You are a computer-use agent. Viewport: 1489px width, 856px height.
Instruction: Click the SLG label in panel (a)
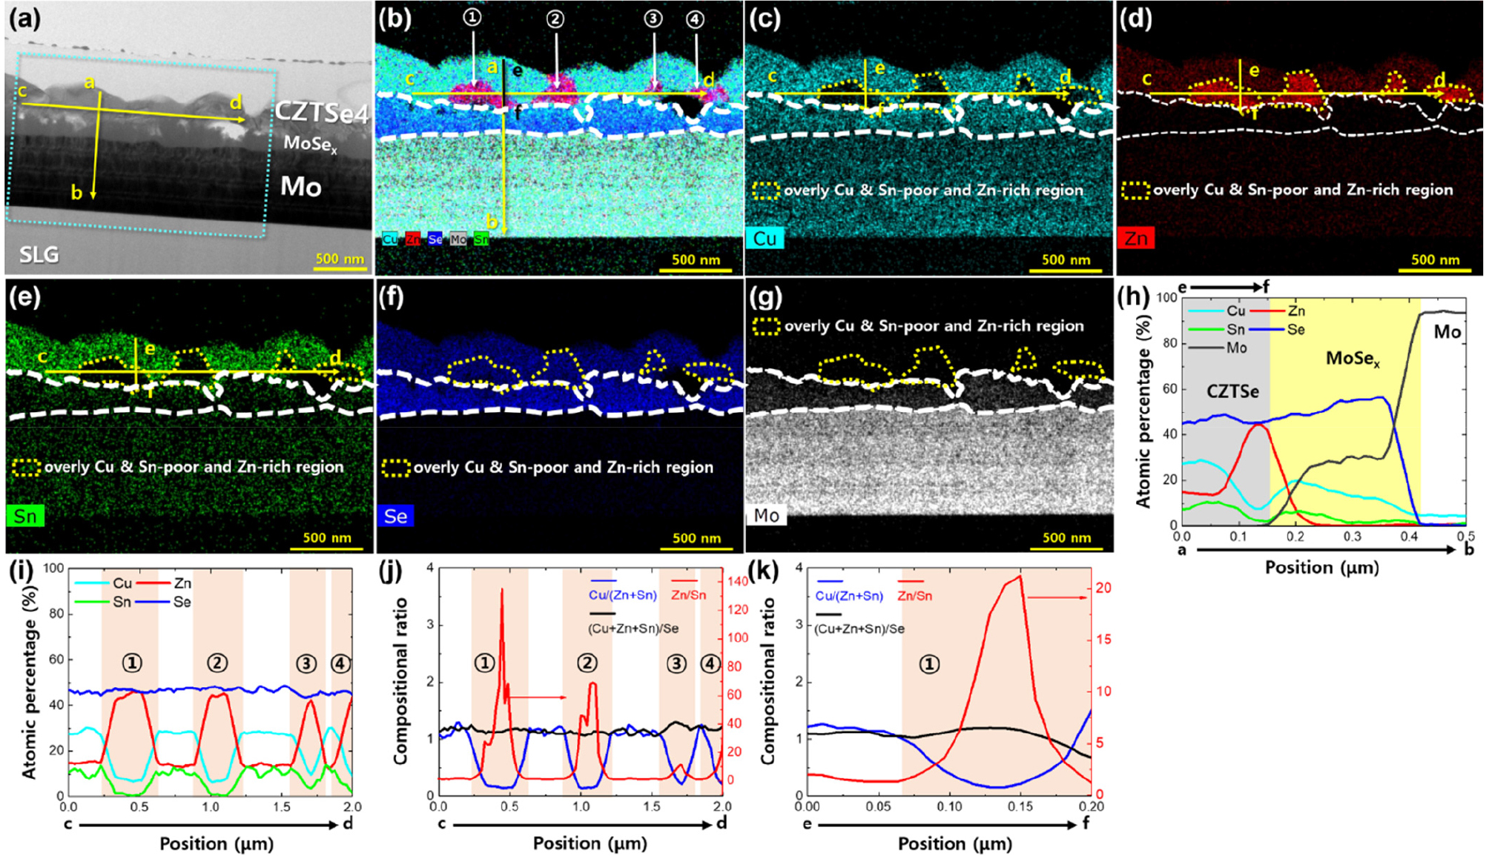pyautogui.click(x=39, y=255)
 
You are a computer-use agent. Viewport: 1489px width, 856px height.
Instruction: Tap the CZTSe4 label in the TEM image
pyautogui.click(x=321, y=112)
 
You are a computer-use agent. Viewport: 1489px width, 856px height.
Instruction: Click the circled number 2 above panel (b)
pyautogui.click(x=555, y=19)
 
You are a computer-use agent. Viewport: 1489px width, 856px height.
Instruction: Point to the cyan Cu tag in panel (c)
pyautogui.click(x=765, y=239)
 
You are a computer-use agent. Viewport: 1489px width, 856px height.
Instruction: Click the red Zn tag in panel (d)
pyautogui.click(x=1135, y=239)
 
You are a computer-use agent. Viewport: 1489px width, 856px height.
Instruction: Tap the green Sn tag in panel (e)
pyautogui.click(x=25, y=516)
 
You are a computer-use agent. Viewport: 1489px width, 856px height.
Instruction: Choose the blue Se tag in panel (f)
pyautogui.click(x=395, y=516)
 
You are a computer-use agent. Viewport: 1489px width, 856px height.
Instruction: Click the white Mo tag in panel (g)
pyautogui.click(x=766, y=515)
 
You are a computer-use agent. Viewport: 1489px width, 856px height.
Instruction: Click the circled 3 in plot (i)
pyautogui.click(x=306, y=663)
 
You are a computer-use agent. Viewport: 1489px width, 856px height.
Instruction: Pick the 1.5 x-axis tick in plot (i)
pyautogui.click(x=282, y=806)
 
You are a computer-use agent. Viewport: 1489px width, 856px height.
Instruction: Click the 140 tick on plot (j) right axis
pyautogui.click(x=737, y=582)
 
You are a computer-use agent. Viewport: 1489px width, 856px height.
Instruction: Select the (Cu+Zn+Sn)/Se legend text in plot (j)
pyautogui.click(x=633, y=628)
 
